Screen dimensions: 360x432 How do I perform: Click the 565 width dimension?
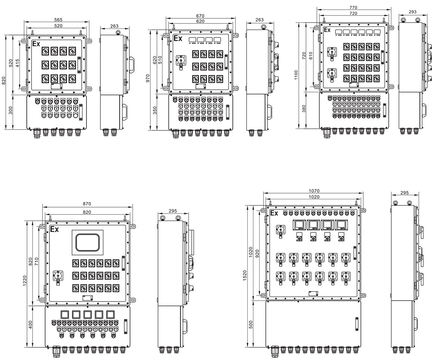pyautogui.click(x=58, y=20)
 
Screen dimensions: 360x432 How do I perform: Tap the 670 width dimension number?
pyautogui.click(x=200, y=16)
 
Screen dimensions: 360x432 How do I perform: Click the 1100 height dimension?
pyautogui.click(x=296, y=75)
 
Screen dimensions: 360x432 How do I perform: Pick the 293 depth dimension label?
pyautogui.click(x=413, y=12)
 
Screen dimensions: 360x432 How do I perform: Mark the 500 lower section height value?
pyautogui.click(x=251, y=324)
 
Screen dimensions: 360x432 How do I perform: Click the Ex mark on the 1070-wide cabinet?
pyautogui.click(x=274, y=213)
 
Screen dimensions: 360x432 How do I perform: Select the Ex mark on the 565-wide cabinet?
pyautogui.click(x=36, y=44)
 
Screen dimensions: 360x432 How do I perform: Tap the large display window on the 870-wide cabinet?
pyautogui.click(x=87, y=242)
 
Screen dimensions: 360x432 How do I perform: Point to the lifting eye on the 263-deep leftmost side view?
pyautogui.click(x=118, y=32)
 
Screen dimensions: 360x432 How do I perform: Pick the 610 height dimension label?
pyautogui.click(x=311, y=55)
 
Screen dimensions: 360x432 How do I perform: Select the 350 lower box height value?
pyautogui.click(x=155, y=110)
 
